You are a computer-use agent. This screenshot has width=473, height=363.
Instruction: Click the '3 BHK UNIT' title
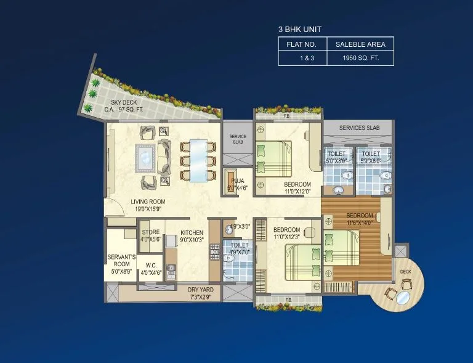pos(301,29)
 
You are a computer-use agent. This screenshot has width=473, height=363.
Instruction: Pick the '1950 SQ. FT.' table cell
pos(360,58)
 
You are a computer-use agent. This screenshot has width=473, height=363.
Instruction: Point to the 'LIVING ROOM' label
pos(148,201)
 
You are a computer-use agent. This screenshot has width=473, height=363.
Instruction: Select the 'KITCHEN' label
pos(192,232)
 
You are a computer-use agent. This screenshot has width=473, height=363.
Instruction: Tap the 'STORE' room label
pos(151,232)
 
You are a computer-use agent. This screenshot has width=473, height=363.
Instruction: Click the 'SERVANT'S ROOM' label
pos(121,257)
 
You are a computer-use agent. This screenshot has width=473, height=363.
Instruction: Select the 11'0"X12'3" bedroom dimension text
pos(287,237)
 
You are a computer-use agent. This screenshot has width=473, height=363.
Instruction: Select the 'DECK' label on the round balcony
pos(405,271)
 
